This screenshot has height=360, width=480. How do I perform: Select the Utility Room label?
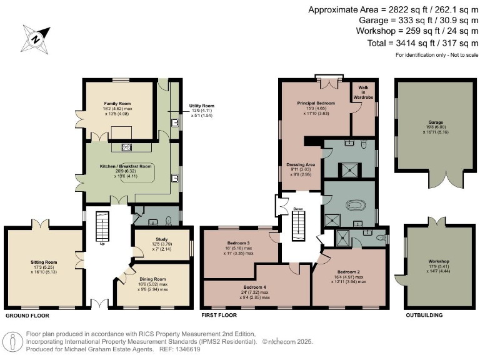pyautogui.click(x=202, y=106)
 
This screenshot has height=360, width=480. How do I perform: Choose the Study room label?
pyautogui.click(x=152, y=237)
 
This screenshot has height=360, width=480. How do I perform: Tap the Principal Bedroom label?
pyautogui.click(x=316, y=103)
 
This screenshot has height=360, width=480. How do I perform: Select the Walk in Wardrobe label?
pyautogui.click(x=363, y=94)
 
